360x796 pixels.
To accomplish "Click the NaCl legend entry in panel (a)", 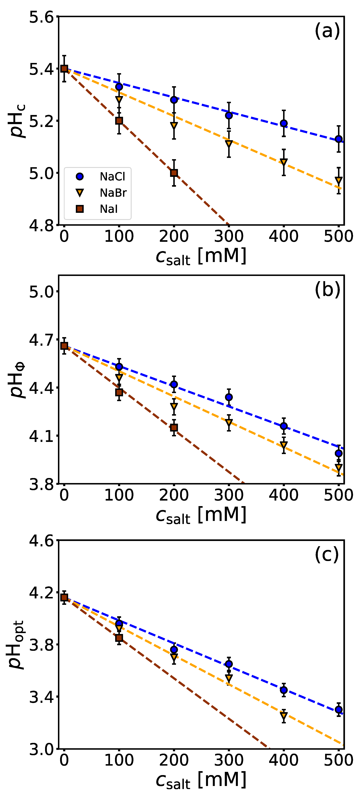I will point(112,177).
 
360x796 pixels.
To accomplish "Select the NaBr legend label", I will point(113,193).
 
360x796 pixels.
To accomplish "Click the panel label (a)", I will point(327,31).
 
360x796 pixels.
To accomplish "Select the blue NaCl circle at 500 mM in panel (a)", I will point(339,139).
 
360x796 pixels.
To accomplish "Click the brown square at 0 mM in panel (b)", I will point(64,346).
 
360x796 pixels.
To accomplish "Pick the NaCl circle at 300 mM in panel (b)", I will point(229,397).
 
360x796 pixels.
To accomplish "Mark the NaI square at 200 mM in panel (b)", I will point(174,427).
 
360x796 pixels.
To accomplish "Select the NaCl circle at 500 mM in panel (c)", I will point(339,709).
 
